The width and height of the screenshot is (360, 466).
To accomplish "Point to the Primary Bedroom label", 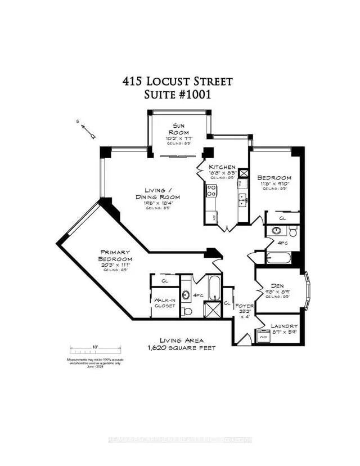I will pos(116,256).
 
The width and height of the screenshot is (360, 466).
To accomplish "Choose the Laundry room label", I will pos(284,326).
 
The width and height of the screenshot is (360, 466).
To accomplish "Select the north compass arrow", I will pos(88,130).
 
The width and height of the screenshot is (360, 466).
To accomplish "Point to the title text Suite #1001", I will pos(177,95).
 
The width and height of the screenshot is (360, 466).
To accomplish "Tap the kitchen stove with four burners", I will pos(211,191).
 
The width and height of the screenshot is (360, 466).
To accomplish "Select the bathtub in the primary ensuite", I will pos(214,289).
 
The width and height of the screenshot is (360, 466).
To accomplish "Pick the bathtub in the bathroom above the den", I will pos(278,258).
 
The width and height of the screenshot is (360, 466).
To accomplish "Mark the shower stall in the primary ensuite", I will pos(213,309).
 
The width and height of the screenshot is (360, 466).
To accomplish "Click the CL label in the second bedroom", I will pos(282,218).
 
